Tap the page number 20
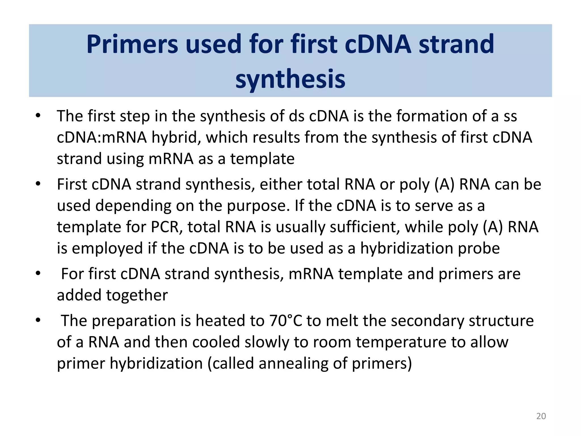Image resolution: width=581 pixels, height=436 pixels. [541, 416]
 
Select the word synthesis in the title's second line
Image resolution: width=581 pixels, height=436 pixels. [290, 79]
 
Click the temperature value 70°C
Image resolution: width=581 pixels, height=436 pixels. [286, 321]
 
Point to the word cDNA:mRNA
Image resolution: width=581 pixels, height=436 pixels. [102, 138]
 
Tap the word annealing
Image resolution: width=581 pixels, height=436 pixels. [293, 364]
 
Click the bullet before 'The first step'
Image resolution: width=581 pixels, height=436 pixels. [38, 116]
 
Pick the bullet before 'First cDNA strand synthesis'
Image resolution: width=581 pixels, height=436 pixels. [38, 184]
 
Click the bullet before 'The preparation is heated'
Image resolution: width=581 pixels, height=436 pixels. [38, 320]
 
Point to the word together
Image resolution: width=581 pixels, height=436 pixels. [137, 295]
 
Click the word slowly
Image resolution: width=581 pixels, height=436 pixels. [266, 342]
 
